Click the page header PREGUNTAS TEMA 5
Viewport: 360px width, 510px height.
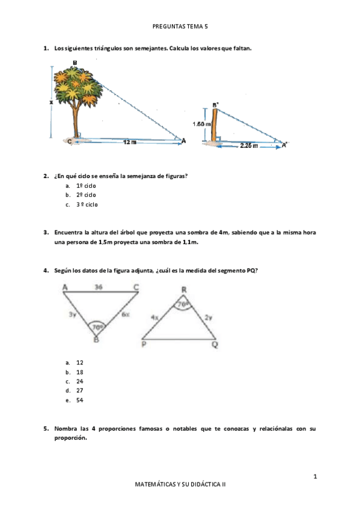pyautogui.click(x=180, y=26)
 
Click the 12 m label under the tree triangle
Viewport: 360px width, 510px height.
pyautogui.click(x=129, y=142)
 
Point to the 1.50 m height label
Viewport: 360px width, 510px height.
pyautogui.click(x=201, y=124)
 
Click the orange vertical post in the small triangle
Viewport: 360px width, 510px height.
pyautogui.click(x=213, y=125)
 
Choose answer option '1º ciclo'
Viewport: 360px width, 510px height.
pyautogui.click(x=86, y=185)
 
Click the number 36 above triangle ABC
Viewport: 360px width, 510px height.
pyautogui.click(x=99, y=287)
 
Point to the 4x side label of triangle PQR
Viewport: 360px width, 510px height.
pyautogui.click(x=154, y=316)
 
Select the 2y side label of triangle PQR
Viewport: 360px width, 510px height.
pyautogui.click(x=207, y=316)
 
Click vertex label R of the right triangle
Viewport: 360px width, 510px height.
pyautogui.click(x=184, y=290)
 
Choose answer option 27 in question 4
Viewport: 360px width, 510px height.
pyautogui.click(x=80, y=390)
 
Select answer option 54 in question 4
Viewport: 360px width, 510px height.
pyautogui.click(x=80, y=400)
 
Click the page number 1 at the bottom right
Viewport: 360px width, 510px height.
pyautogui.click(x=315, y=477)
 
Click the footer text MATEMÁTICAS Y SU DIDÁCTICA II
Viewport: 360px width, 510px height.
pyautogui.click(x=180, y=484)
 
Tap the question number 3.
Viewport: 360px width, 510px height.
pyautogui.click(x=46, y=232)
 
